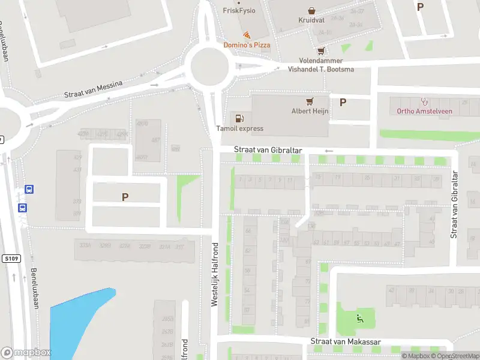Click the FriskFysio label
click(x=239, y=11)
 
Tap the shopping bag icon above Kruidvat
click(x=311, y=10)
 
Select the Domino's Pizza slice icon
click(x=247, y=35)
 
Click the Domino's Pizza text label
click(x=247, y=45)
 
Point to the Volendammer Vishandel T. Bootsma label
click(x=321, y=65)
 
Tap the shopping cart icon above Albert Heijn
click(x=310, y=101)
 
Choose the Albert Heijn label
click(x=310, y=111)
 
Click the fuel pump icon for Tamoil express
click(x=239, y=118)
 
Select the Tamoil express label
click(x=239, y=128)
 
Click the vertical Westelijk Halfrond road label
click(x=214, y=275)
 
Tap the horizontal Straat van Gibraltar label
click(x=268, y=150)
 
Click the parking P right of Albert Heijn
click(x=343, y=102)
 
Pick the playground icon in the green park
click(x=359, y=318)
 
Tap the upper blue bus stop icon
click(x=29, y=190)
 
